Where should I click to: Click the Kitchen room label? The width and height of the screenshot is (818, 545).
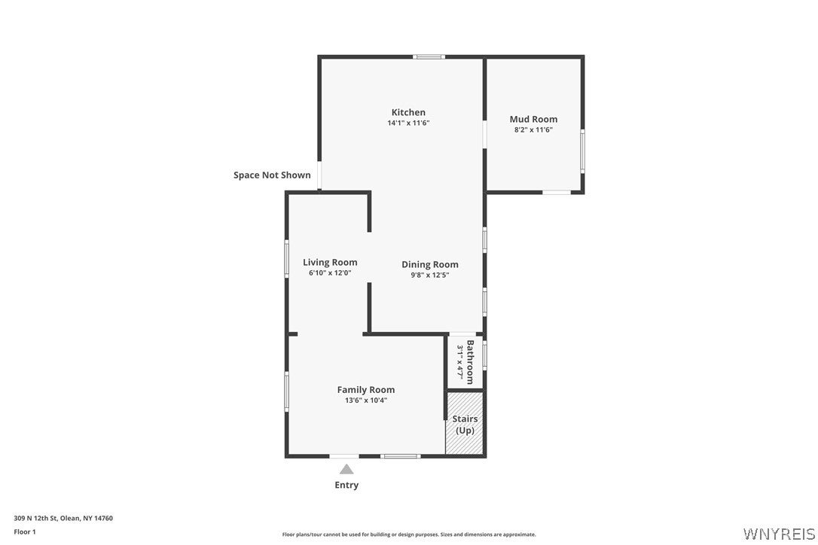[x=408, y=112]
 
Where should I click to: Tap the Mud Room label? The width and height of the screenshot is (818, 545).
[x=533, y=119]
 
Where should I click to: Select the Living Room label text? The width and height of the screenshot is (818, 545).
[x=330, y=262]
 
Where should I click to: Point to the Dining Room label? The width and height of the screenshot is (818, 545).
[x=430, y=264]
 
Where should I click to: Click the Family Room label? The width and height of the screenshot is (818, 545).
[x=366, y=390]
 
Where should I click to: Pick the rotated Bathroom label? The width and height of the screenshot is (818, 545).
[x=470, y=362]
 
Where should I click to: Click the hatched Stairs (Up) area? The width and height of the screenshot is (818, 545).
[x=465, y=424]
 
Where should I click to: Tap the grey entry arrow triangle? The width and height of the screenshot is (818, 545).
[x=346, y=470]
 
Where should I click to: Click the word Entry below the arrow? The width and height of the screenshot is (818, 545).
[x=346, y=485]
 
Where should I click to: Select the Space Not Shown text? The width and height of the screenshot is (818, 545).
[x=272, y=175]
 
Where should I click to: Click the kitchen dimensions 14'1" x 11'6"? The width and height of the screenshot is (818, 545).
[x=408, y=123]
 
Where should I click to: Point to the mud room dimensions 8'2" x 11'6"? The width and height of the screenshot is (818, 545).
[x=533, y=130]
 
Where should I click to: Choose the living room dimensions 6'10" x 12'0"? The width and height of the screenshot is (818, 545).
[x=330, y=272]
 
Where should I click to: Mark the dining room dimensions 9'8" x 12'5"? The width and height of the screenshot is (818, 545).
[x=430, y=275]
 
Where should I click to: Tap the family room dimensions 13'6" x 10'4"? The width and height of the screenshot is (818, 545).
[x=366, y=400]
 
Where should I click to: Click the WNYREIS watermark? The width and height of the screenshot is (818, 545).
[x=779, y=534]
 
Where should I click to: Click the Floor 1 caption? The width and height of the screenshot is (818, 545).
[x=25, y=532]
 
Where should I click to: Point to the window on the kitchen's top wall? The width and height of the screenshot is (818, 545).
[x=429, y=57]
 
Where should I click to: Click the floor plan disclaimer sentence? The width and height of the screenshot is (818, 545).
[x=409, y=534]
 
